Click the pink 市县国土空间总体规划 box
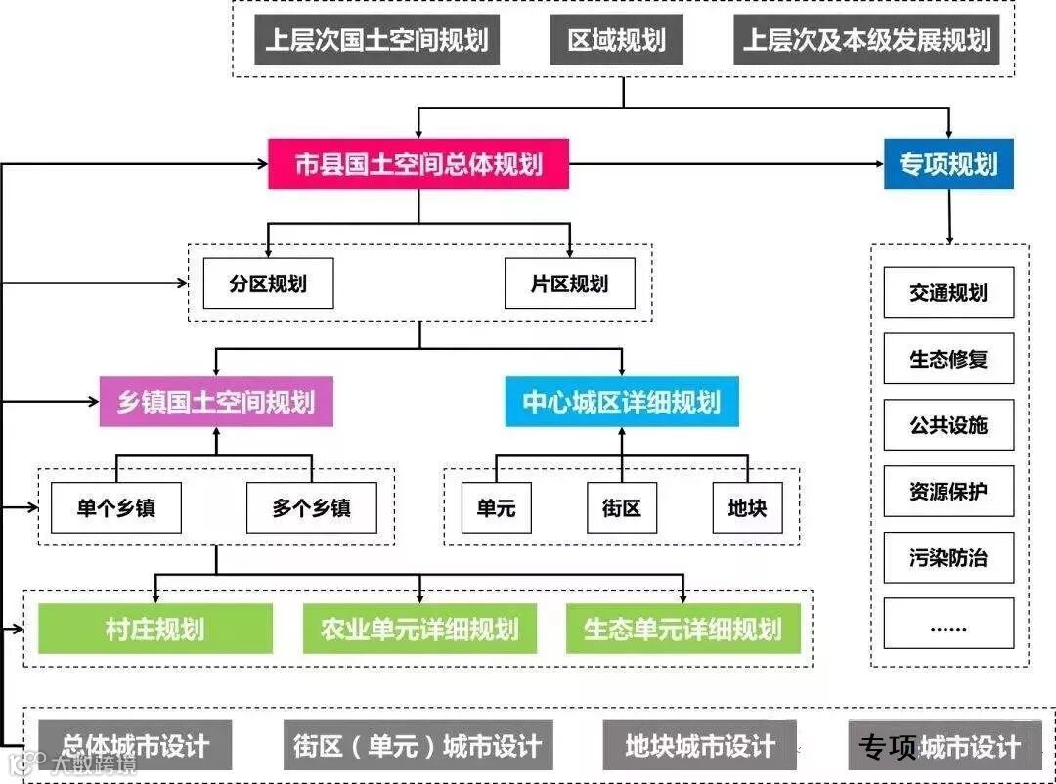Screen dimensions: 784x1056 (x=418, y=163)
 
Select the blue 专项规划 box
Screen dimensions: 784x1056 (x=948, y=163)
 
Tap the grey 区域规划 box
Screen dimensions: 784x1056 (x=617, y=40)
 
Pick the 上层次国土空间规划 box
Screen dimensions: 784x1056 (x=376, y=40)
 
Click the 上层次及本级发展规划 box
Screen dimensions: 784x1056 (x=866, y=40)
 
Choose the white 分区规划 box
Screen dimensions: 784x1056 (x=268, y=283)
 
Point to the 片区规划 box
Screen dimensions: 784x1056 (x=569, y=283)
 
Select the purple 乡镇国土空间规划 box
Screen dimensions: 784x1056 (x=216, y=402)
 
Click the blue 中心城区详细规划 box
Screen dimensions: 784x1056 (x=622, y=402)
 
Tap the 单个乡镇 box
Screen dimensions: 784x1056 (x=116, y=507)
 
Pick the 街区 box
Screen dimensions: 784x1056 (x=622, y=507)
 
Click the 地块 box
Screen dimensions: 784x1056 (x=747, y=507)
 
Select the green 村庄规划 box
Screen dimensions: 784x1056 (x=155, y=628)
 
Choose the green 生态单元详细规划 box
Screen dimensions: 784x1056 (x=682, y=628)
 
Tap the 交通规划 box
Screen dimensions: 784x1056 (x=948, y=292)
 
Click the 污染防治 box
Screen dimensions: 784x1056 (x=948, y=558)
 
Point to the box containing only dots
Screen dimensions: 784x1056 (x=948, y=625)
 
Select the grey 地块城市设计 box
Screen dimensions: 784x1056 (x=699, y=746)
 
